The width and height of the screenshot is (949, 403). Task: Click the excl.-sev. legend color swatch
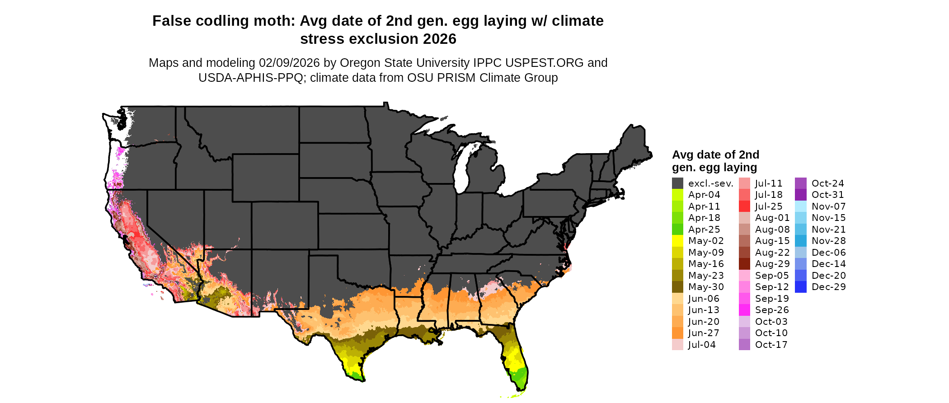click(677, 183)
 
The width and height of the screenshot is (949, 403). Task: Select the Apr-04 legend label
click(704, 195)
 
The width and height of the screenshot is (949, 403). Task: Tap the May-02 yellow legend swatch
click(677, 241)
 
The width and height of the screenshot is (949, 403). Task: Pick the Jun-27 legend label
click(704, 333)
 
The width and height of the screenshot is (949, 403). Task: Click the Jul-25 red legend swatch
click(744, 206)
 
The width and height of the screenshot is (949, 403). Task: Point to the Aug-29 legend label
click(772, 264)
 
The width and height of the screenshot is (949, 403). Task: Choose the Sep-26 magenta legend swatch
click(744, 310)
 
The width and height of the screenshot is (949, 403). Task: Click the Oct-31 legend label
click(827, 195)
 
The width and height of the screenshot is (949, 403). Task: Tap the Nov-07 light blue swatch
click(800, 206)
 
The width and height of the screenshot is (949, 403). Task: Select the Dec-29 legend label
click(828, 287)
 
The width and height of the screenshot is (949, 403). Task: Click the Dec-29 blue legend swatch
click(800, 287)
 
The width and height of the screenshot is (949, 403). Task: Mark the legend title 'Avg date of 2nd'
click(715, 155)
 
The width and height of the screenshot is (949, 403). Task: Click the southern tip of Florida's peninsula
click(520, 389)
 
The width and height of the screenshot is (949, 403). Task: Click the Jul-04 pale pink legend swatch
click(677, 345)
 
